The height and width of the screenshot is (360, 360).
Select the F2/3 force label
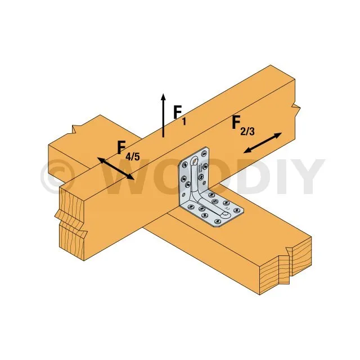[244, 125]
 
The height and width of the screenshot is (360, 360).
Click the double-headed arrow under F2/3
[263, 142]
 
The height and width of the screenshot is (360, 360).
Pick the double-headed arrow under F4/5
[115, 168]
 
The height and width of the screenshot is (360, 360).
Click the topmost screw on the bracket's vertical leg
[204, 154]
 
